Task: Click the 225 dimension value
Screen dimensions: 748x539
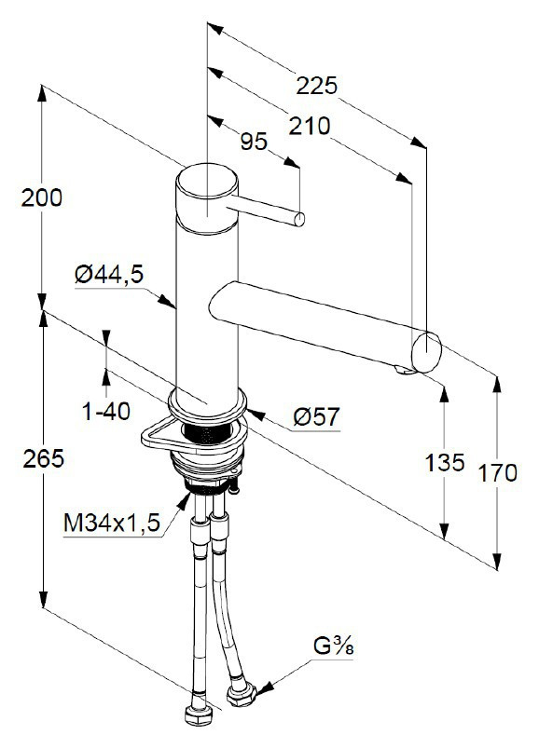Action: [316, 86]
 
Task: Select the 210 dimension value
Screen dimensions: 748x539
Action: [309, 126]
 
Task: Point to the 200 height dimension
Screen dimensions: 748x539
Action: [43, 197]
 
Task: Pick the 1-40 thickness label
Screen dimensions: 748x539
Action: [106, 410]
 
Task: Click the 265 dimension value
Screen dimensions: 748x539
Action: [43, 458]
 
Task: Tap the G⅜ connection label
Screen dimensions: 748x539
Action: [333, 646]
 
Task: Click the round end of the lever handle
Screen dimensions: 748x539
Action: [299, 220]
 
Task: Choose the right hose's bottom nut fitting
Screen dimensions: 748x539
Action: [239, 693]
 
